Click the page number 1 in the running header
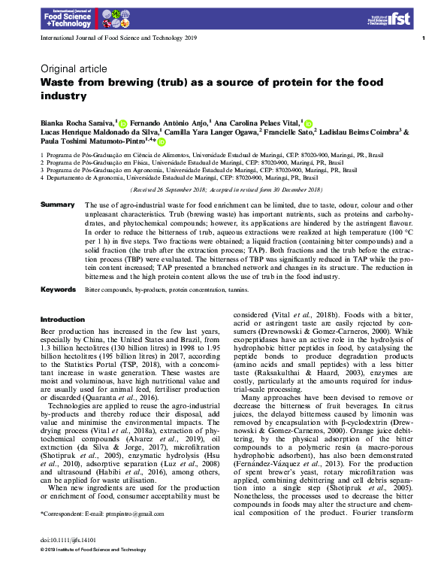pyautogui.click(x=424, y=38)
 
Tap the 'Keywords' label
pyautogui.click(x=58, y=289)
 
